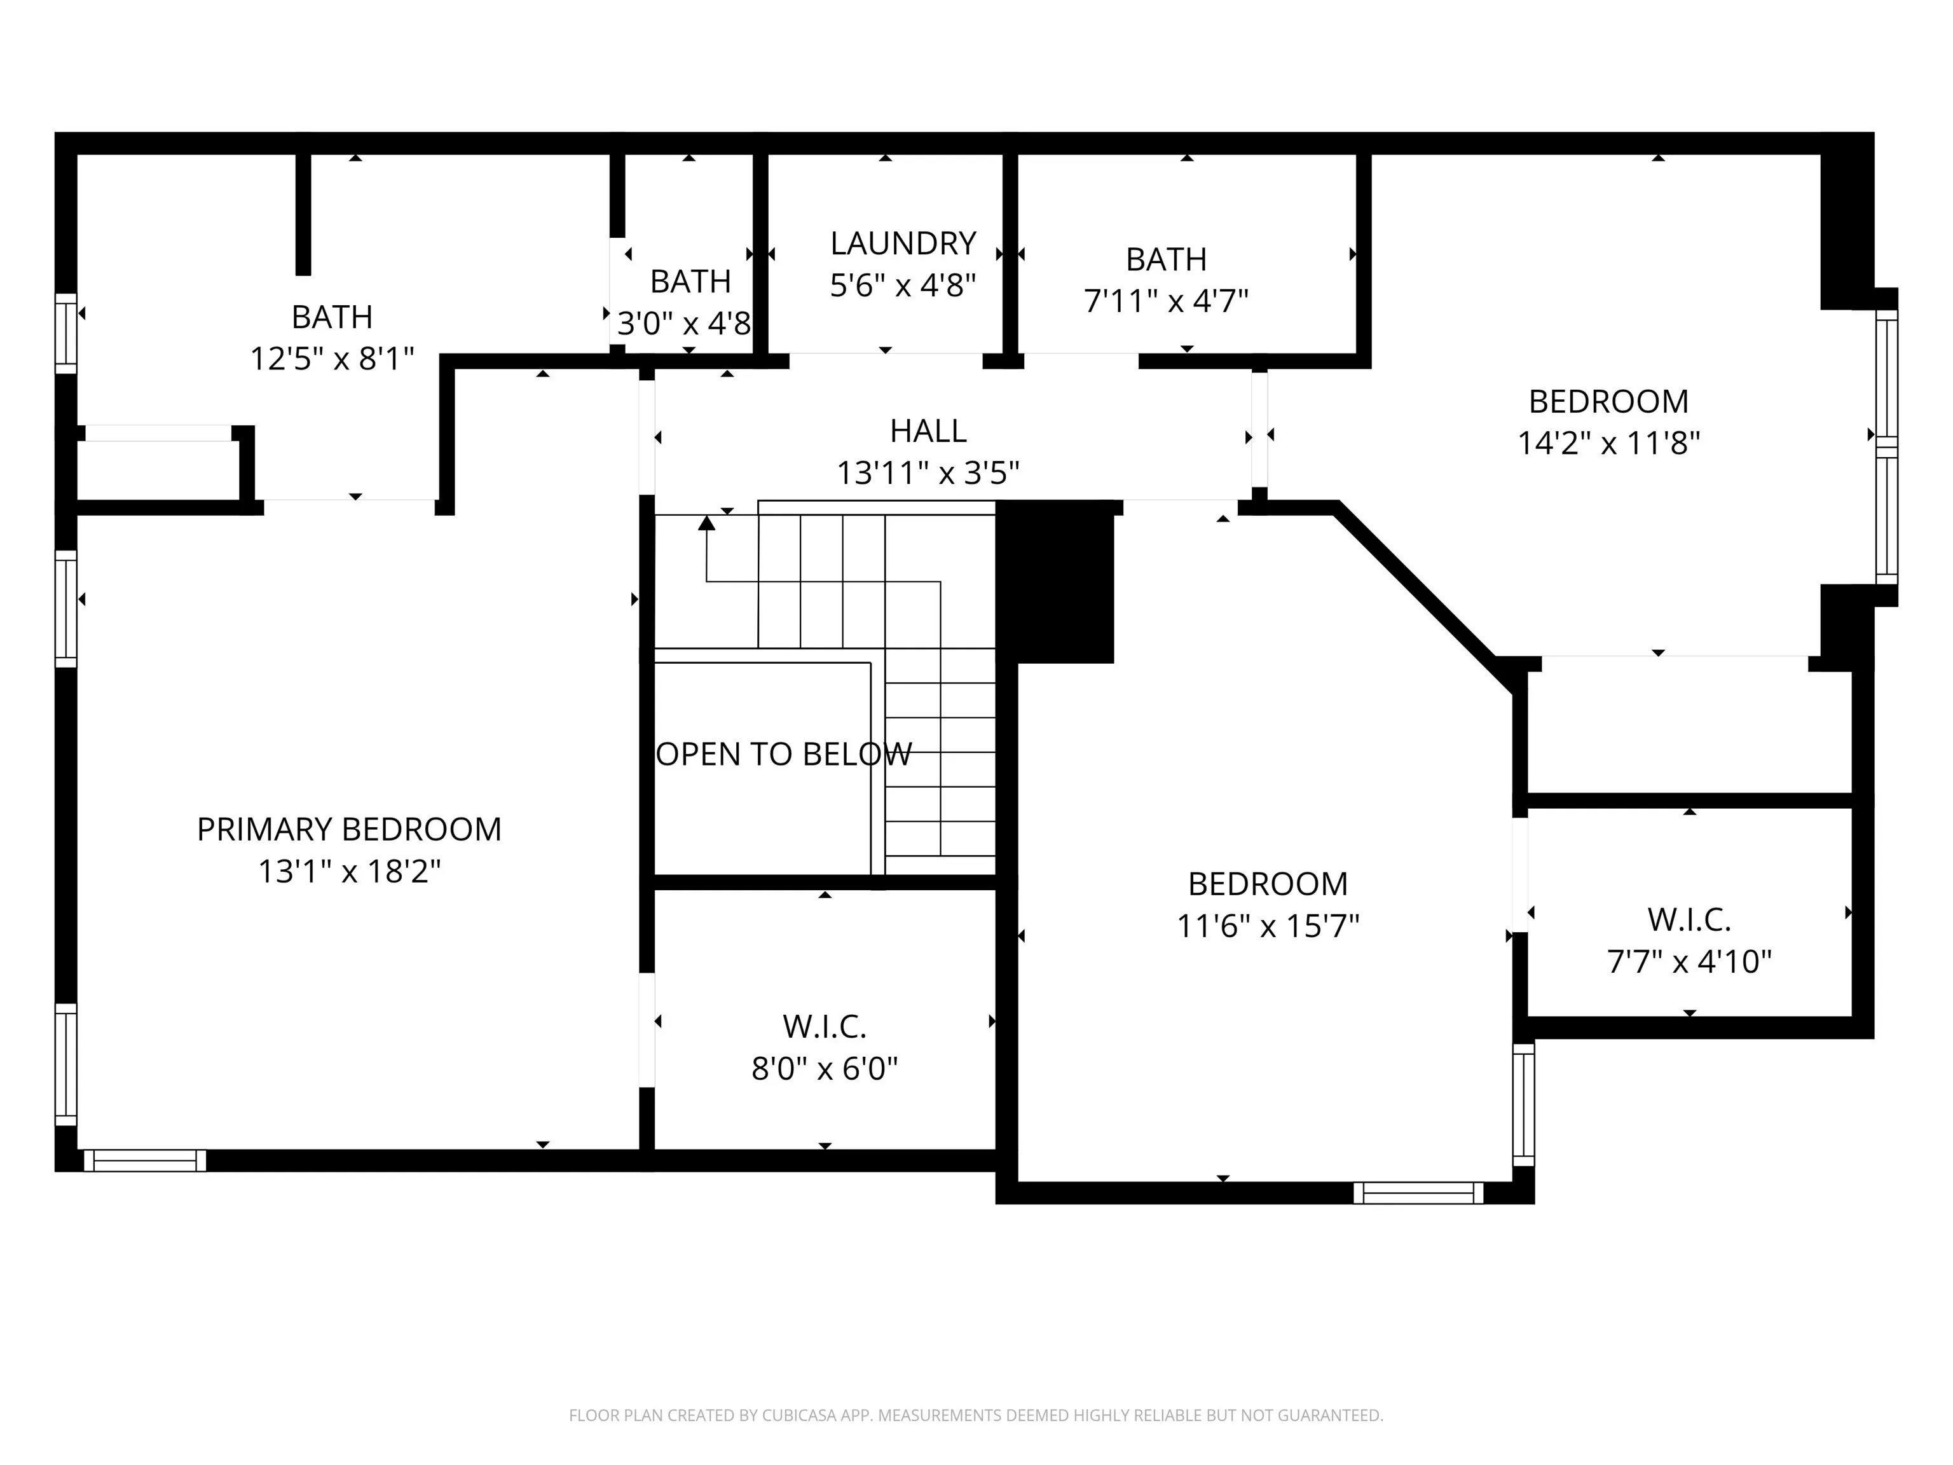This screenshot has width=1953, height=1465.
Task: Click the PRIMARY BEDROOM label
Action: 349,829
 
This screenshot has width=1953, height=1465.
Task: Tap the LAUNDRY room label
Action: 903,243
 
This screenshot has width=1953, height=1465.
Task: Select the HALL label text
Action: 928,431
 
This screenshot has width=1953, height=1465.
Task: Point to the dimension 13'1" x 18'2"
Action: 349,872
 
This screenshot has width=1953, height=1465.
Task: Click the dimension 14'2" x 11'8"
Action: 1608,443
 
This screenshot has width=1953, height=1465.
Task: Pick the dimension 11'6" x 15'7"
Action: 1268,926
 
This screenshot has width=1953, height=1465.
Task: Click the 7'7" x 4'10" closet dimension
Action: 1689,961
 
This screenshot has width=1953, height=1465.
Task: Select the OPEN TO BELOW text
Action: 784,754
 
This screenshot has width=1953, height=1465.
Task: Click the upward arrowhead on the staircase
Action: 706,523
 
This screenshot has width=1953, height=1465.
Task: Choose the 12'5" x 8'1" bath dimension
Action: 332,359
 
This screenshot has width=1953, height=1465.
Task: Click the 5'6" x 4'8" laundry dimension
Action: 903,285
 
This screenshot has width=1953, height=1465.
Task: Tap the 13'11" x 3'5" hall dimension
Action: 928,473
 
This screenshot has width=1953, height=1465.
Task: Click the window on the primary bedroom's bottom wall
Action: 145,1160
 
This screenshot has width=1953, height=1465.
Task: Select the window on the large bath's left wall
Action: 66,333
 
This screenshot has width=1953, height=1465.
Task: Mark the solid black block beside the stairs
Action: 1055,581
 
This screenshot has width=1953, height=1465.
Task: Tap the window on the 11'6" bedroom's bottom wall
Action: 1419,1193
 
